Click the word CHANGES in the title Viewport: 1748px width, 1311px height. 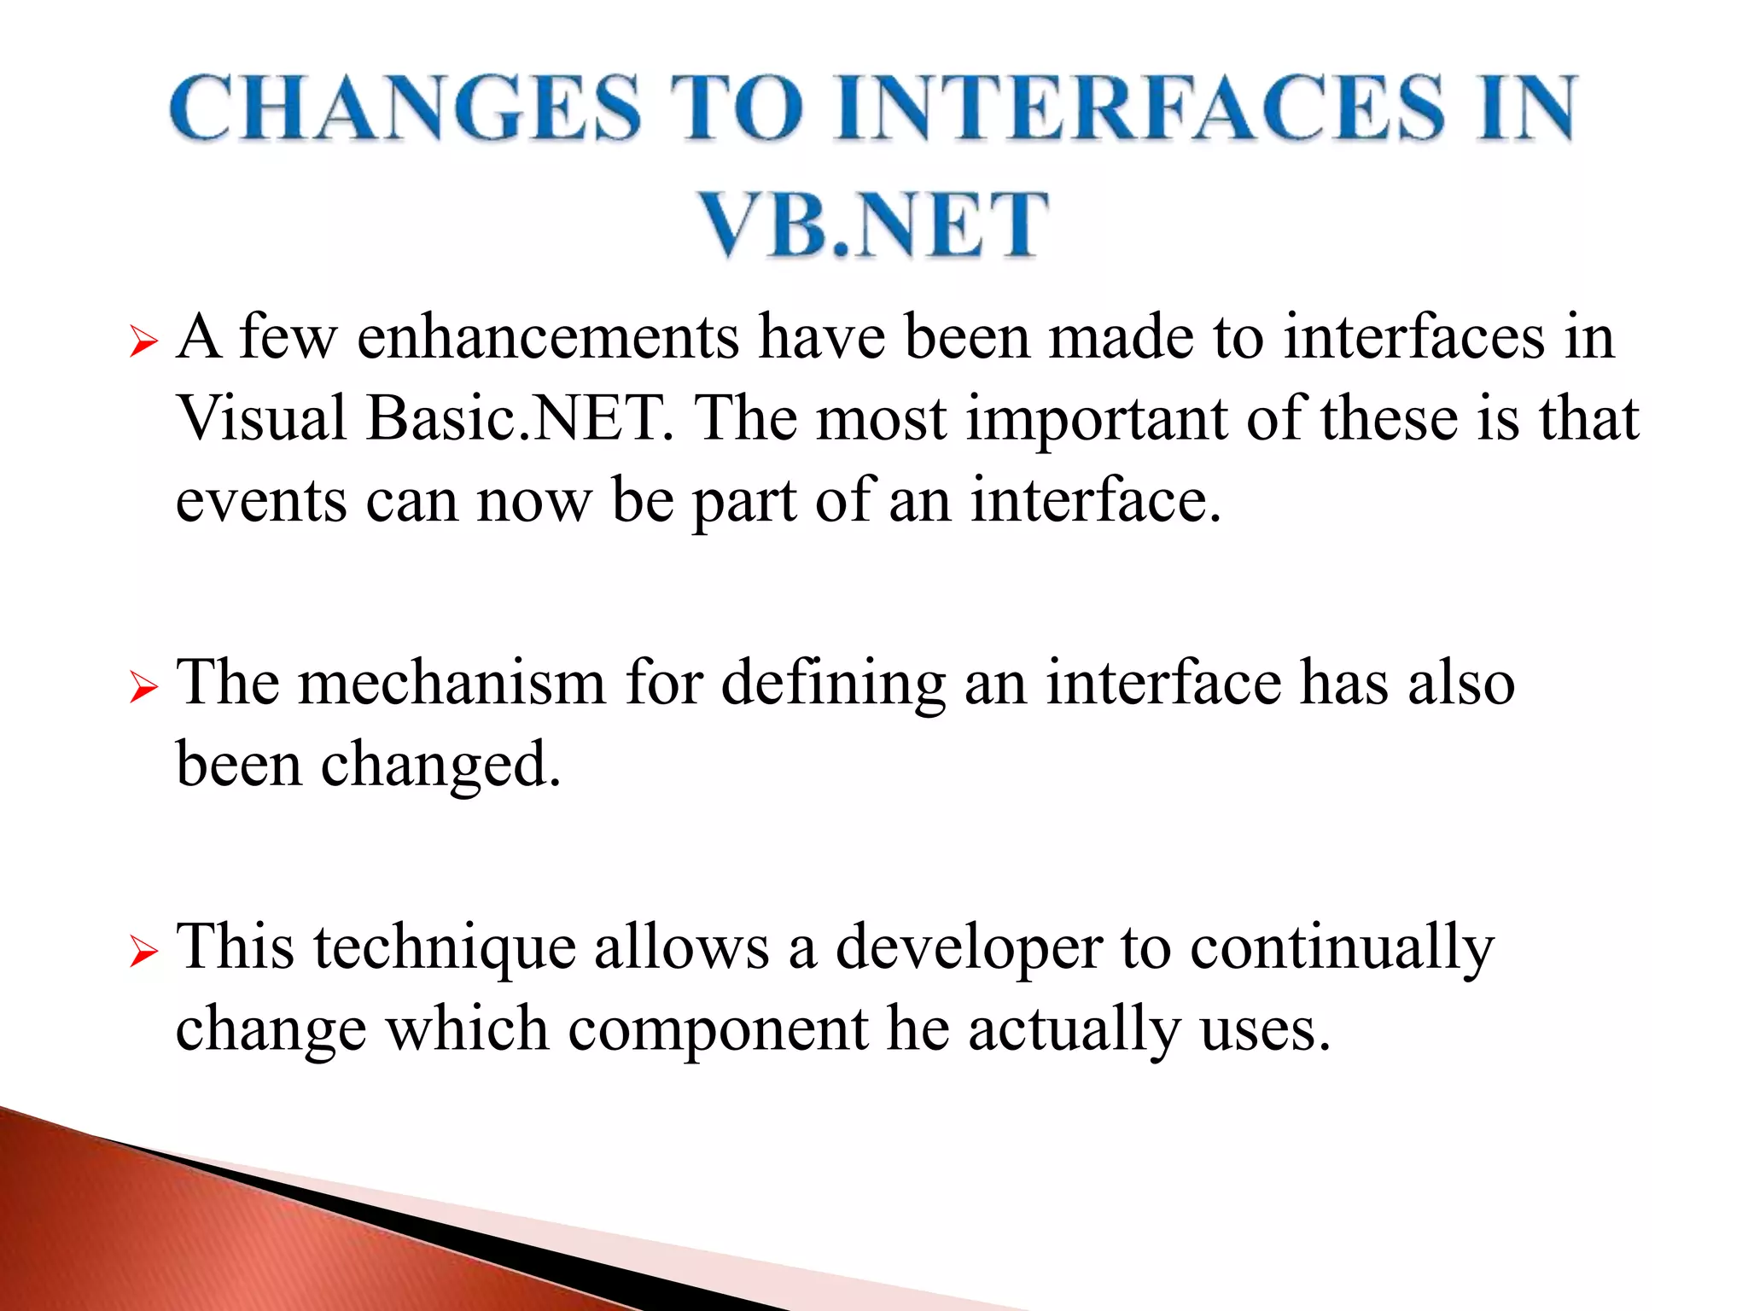click(x=405, y=108)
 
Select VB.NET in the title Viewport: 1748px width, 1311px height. click(x=873, y=224)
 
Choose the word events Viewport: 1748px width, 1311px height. click(x=261, y=501)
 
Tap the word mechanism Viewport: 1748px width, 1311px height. click(x=452, y=683)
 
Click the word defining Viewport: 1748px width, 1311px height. click(x=833, y=685)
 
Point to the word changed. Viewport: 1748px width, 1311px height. click(x=440, y=765)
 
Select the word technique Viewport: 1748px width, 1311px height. click(x=445, y=949)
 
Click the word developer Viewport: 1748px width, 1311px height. click(x=969, y=949)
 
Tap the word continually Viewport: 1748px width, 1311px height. click(x=1342, y=949)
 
